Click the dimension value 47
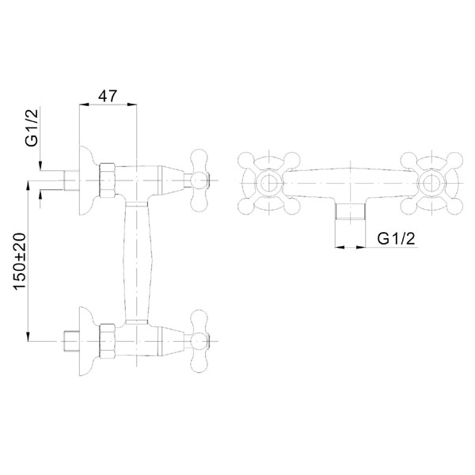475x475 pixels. tap(107, 96)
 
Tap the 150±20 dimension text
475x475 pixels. tap(20, 261)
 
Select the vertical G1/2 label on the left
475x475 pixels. tap(32, 127)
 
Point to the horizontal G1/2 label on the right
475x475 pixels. tap(396, 239)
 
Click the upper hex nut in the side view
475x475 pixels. tap(108, 180)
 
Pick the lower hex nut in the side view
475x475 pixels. tap(108, 341)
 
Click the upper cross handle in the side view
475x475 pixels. tap(199, 180)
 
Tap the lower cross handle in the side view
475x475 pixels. tap(199, 341)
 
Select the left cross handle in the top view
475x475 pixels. tap(269, 184)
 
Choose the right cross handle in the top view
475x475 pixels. tap(431, 184)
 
